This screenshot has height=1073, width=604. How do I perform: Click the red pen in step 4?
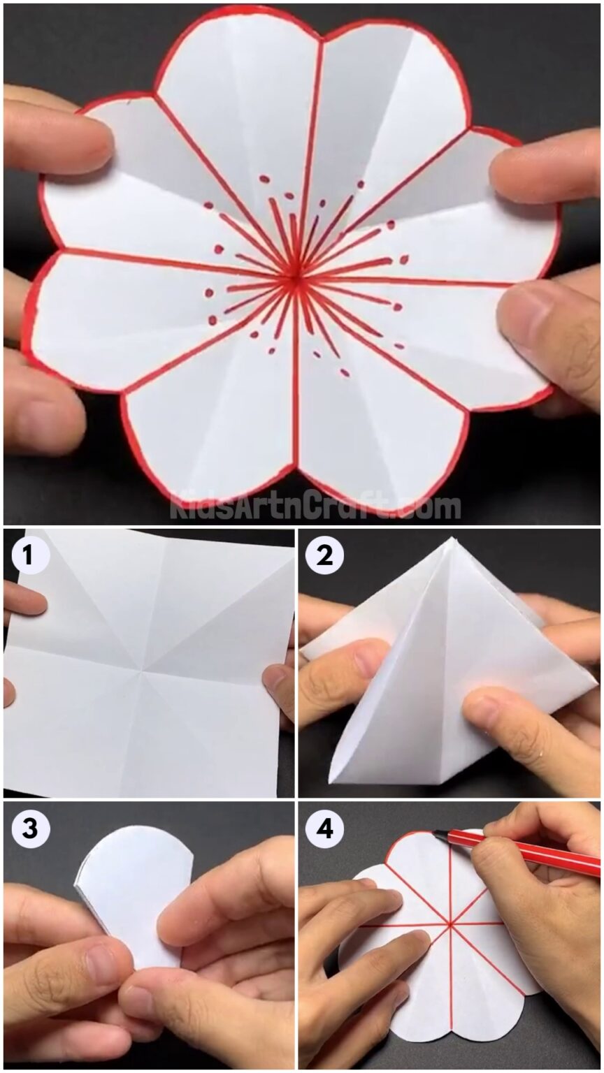pos(517,849)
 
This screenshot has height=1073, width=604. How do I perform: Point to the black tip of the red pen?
pos(438,833)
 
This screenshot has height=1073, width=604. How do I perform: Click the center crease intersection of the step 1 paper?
pos(143,671)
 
